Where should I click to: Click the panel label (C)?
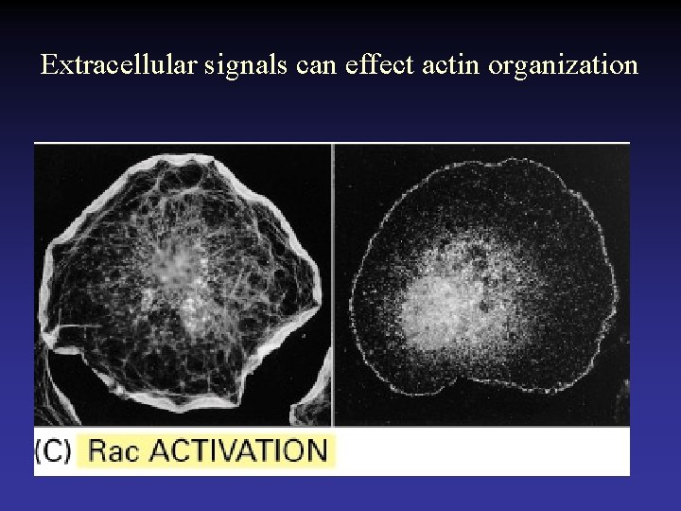[x=52, y=450]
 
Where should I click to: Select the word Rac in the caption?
[x=114, y=450]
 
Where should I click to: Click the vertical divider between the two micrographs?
[x=333, y=284]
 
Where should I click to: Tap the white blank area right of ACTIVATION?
[x=482, y=450]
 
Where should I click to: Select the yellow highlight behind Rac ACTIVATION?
[x=206, y=450]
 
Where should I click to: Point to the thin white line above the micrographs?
[x=331, y=143]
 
